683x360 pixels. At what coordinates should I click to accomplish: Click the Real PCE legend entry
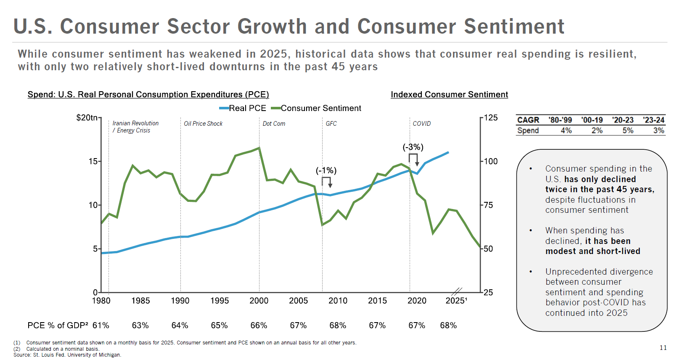[243, 108]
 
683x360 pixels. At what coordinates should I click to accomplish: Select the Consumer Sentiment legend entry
[316, 108]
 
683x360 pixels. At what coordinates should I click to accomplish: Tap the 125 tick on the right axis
[491, 117]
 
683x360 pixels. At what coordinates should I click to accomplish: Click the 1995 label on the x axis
[220, 301]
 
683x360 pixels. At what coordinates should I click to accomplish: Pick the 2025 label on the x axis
[455, 301]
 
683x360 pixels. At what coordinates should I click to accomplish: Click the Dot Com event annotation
[274, 124]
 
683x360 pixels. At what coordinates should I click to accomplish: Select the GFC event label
[331, 124]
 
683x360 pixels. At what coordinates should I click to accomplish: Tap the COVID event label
[421, 124]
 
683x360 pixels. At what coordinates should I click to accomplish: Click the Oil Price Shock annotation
[203, 124]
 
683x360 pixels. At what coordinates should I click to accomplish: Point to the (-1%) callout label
[326, 170]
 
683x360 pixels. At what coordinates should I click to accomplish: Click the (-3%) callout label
[413, 147]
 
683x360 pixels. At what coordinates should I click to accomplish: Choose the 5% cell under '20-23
[627, 130]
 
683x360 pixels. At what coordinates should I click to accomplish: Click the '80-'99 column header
[560, 120]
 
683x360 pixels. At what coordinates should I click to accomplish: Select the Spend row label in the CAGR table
[528, 130]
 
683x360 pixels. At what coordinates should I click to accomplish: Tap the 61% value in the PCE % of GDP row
[101, 326]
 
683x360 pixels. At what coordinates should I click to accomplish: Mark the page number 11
[663, 348]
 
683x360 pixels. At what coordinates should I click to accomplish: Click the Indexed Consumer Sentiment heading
[449, 95]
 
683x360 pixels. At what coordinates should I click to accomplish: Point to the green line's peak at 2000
[259, 148]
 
